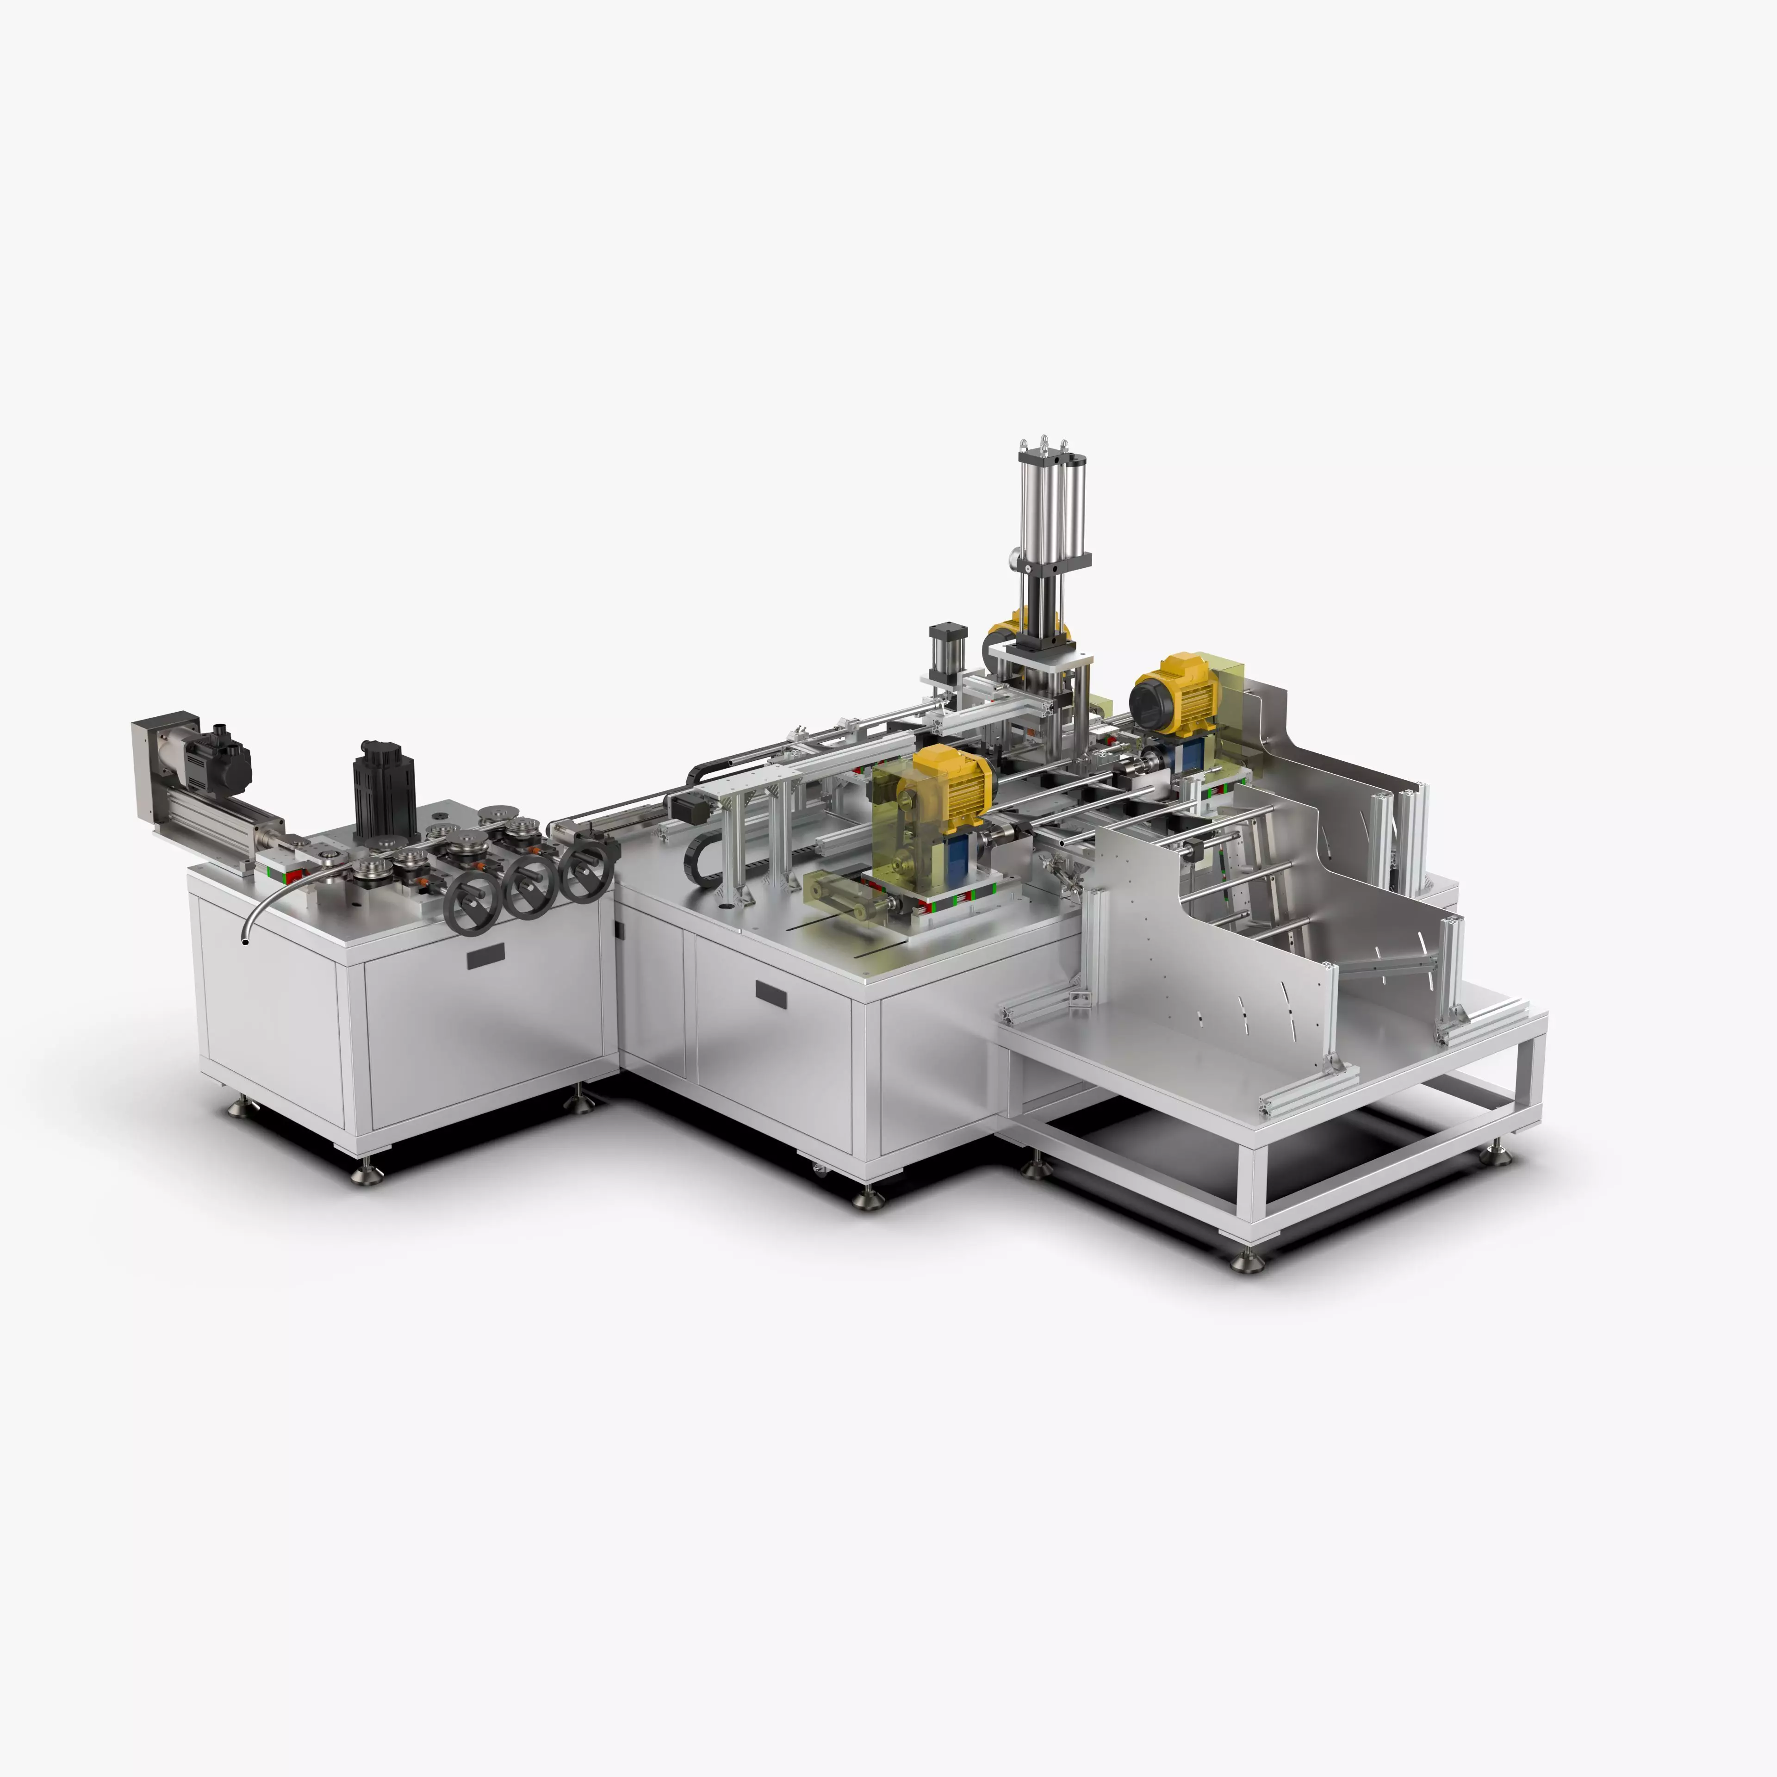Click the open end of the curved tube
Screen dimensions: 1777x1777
[245, 941]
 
